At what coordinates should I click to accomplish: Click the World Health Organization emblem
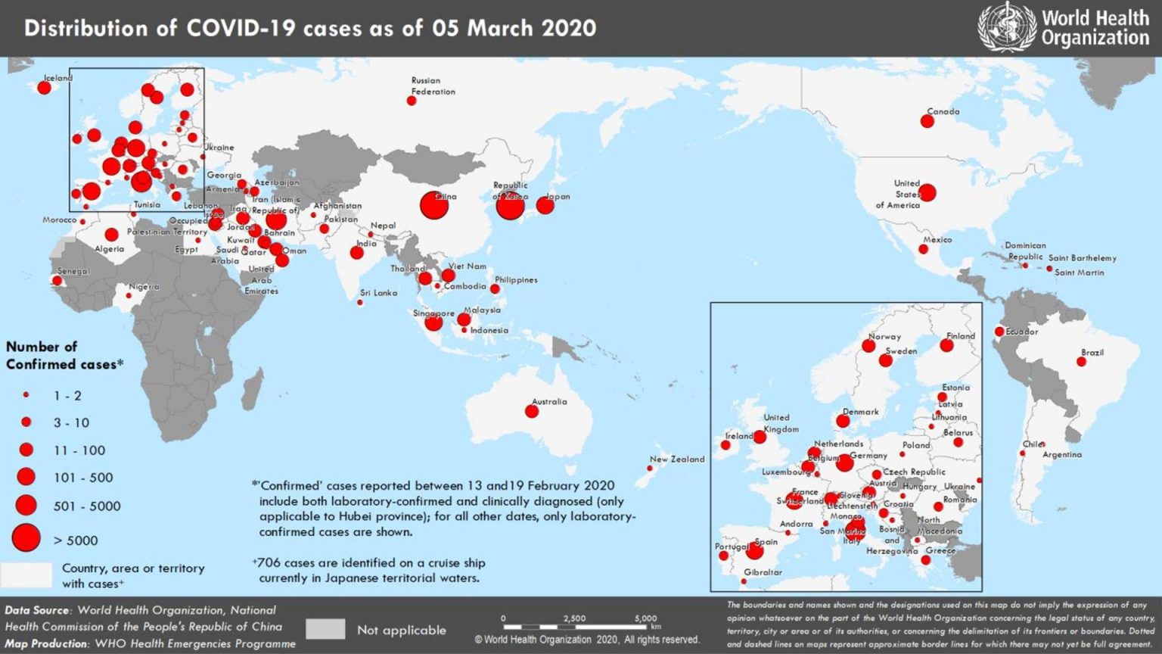1006,27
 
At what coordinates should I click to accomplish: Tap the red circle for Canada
927,121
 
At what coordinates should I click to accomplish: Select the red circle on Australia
532,411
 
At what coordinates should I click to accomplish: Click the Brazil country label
1092,353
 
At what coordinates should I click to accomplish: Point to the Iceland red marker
44,88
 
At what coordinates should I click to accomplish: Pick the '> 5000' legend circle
26,538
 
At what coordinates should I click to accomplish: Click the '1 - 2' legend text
67,396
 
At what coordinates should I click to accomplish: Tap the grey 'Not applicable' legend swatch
325,629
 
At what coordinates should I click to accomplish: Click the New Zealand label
676,459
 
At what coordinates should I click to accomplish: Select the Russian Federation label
433,86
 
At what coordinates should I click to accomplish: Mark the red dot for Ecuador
999,332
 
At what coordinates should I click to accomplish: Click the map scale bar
575,627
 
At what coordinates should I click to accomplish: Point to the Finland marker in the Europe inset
946,345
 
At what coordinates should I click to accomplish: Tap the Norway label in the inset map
884,336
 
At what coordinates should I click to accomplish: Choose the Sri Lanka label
378,293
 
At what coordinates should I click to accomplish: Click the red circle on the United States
927,192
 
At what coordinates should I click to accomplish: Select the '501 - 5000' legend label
87,506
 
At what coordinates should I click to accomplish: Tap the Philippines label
516,280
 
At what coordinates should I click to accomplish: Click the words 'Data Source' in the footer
37,610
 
